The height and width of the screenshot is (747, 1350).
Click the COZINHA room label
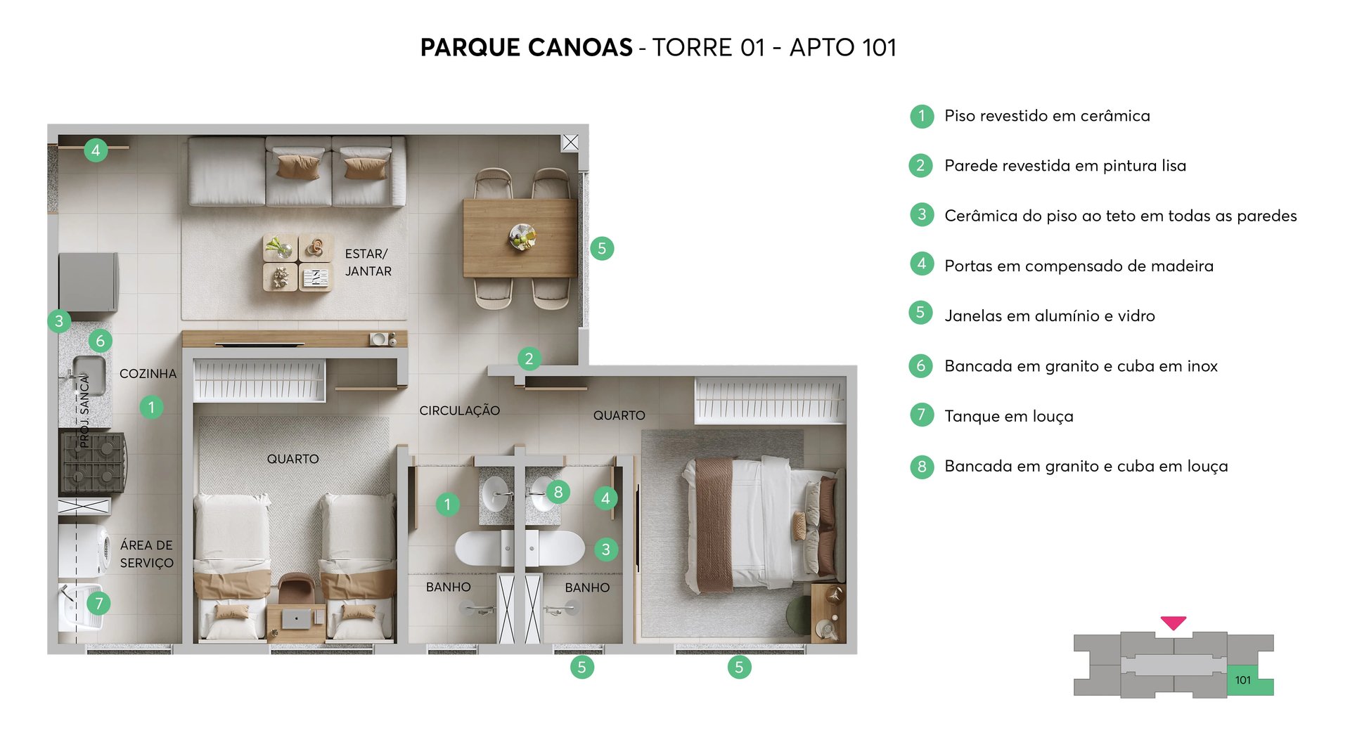pos(148,374)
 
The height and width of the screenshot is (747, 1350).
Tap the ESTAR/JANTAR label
pos(368,262)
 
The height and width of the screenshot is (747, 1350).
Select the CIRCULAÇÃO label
pos(459,410)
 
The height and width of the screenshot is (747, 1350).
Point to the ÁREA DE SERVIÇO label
pos(146,554)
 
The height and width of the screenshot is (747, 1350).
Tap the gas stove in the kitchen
pos(94,462)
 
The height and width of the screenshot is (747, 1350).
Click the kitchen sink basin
pos(89,374)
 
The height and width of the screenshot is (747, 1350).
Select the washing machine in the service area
pos(84,550)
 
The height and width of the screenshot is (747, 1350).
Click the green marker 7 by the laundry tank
pos(99,603)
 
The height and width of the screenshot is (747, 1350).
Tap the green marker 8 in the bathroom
pos(558,492)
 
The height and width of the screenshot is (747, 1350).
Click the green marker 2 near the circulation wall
pos(529,359)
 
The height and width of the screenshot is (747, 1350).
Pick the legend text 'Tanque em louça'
pos(1008,416)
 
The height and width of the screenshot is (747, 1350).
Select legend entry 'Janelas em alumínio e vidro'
pos(1049,316)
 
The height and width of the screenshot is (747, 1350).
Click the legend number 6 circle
pos(920,365)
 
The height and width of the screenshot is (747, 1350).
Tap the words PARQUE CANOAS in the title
pos(526,48)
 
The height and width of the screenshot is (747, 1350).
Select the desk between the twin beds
pos(296,619)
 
